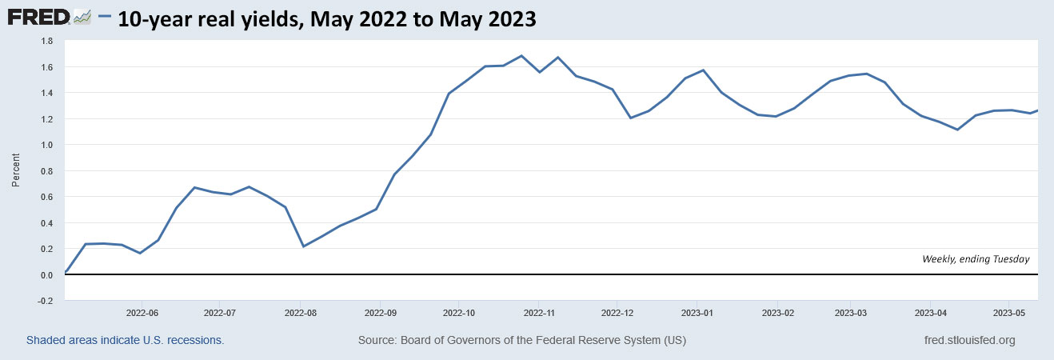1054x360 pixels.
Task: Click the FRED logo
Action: tap(40, 17)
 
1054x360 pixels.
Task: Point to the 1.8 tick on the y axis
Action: tap(46, 41)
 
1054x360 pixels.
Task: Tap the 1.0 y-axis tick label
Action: tap(46, 145)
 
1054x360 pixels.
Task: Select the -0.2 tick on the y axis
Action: tap(46, 301)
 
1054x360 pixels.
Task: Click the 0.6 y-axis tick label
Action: tap(46, 197)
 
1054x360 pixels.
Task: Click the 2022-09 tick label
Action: tap(381, 312)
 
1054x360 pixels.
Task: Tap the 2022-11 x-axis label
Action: tap(539, 312)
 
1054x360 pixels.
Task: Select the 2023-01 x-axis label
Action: tap(697, 312)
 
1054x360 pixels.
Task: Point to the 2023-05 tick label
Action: tap(1009, 312)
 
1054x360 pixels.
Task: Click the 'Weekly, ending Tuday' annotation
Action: tap(976, 259)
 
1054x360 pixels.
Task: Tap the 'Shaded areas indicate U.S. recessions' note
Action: tap(125, 341)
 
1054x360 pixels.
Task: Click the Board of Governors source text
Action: tap(521, 341)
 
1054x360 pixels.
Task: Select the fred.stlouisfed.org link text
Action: tap(968, 341)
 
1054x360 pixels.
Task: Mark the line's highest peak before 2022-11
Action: tap(521, 56)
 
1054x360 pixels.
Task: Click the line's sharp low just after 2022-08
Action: tap(303, 246)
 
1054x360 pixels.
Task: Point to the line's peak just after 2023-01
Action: tap(703, 70)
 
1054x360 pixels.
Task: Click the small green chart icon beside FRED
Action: tap(82, 17)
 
